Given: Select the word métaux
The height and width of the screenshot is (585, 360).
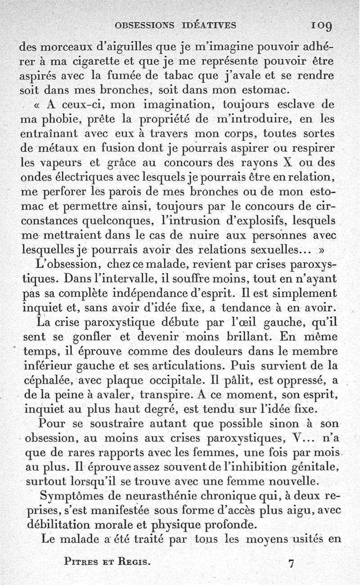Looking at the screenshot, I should [56, 148].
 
